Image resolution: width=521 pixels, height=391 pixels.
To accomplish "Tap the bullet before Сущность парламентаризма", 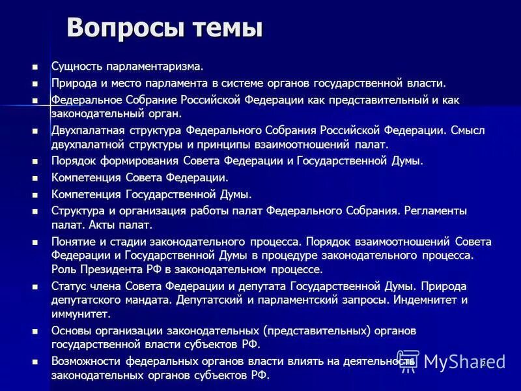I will [x=35, y=66].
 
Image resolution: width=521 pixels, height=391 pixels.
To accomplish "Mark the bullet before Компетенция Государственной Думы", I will [x=35, y=195].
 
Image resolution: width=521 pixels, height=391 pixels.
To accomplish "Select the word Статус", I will [x=68, y=286].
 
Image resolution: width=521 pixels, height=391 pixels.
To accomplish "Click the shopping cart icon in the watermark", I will [x=408, y=361].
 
